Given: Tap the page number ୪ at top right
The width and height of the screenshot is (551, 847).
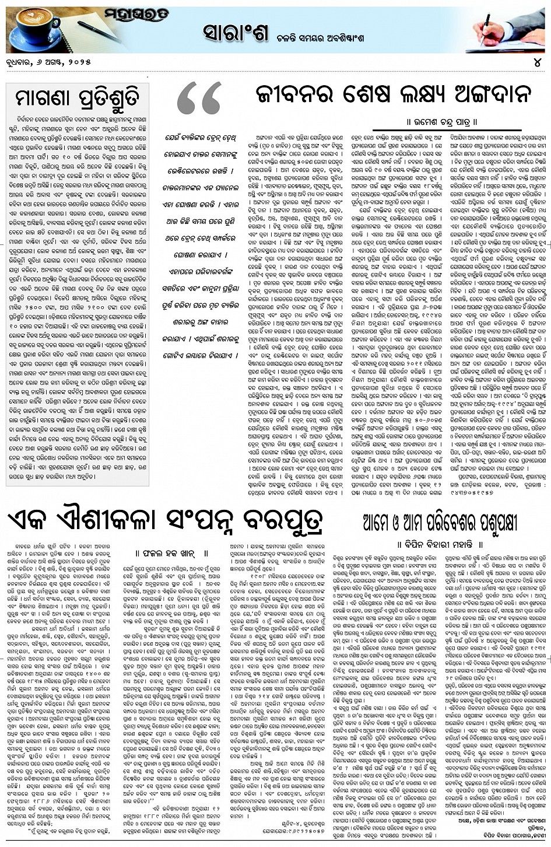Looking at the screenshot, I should pyautogui.click(x=538, y=62).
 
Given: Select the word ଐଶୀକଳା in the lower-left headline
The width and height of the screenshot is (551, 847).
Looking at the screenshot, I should pyautogui.click(x=117, y=522).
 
